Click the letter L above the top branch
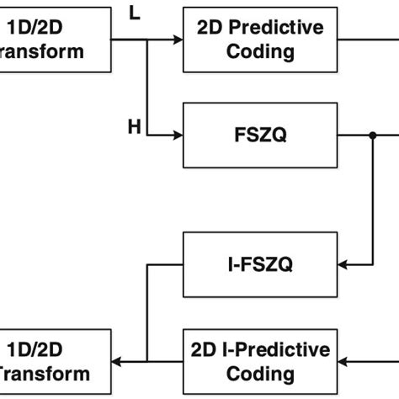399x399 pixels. click(x=135, y=13)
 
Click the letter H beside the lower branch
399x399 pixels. click(x=134, y=126)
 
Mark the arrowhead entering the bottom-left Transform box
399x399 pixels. click(x=119, y=360)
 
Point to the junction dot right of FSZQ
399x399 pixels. click(x=371, y=136)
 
